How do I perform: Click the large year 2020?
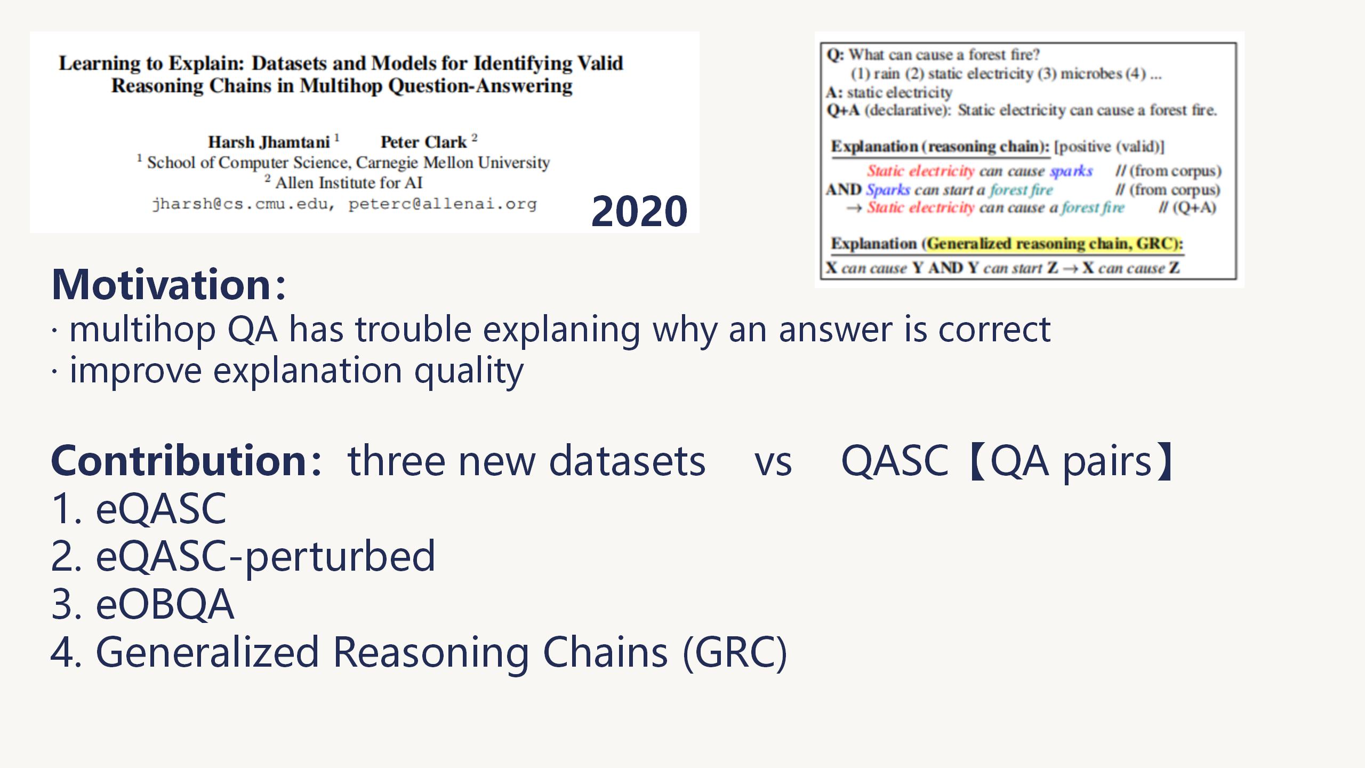click(639, 211)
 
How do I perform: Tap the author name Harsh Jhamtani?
click(269, 142)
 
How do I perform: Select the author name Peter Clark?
click(423, 142)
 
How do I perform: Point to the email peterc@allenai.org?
click(443, 204)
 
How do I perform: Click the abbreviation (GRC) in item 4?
click(734, 653)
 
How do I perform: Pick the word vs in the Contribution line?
click(773, 462)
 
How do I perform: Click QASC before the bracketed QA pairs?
click(895, 461)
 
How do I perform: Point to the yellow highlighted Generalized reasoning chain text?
click(1054, 244)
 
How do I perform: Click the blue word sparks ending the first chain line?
click(1071, 172)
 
